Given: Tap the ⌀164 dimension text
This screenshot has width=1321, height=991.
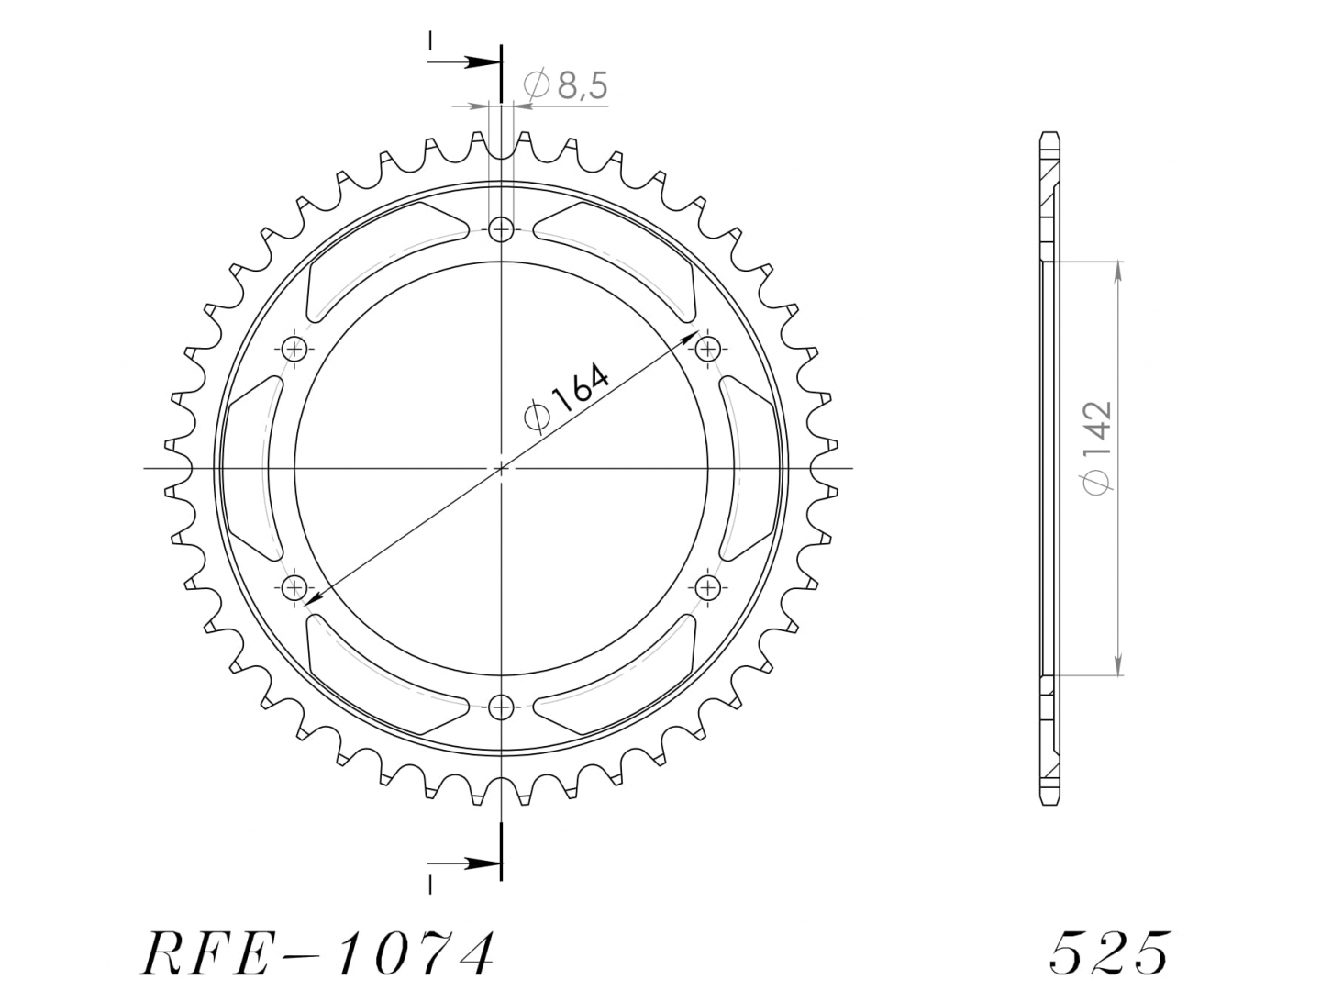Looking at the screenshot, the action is click(x=566, y=397).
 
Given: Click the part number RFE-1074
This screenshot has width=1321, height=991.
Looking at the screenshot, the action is click(x=316, y=953).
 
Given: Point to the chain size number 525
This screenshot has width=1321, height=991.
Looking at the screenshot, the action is click(x=1110, y=952).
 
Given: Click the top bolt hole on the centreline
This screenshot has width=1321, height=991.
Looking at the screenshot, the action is click(x=501, y=228).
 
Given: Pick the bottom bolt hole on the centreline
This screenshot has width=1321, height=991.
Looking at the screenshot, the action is click(x=501, y=707).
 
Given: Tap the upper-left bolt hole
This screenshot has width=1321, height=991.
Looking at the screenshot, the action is click(x=294, y=348).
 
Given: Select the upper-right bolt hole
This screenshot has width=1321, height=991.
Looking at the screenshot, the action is click(x=707, y=348).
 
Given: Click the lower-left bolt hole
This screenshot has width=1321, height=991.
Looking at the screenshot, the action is click(x=294, y=586).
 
